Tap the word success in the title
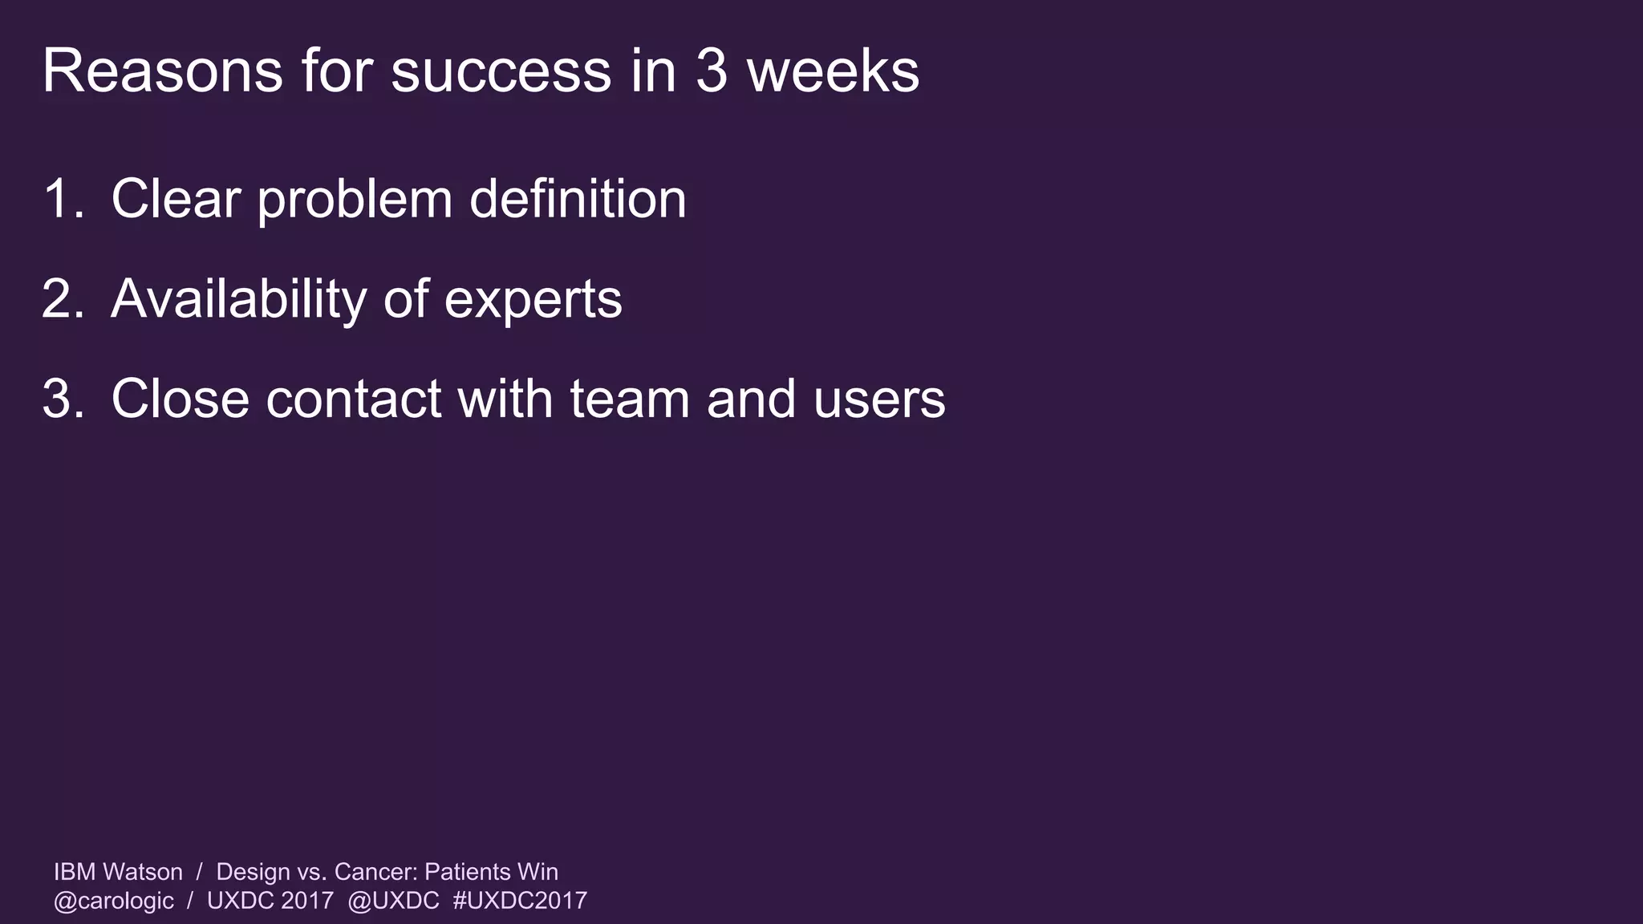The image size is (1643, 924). click(501, 72)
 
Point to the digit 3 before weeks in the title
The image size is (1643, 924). click(711, 72)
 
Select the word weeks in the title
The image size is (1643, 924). click(833, 72)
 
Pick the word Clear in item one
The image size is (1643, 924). click(176, 199)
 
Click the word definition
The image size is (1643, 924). click(578, 199)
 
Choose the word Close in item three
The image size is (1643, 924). click(180, 399)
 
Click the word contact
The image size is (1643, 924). click(353, 399)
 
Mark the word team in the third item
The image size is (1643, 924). click(629, 399)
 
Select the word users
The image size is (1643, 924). click(879, 399)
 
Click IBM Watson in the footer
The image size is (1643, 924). click(118, 872)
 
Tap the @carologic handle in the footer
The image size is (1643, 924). click(113, 901)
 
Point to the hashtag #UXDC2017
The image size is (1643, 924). click(520, 901)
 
